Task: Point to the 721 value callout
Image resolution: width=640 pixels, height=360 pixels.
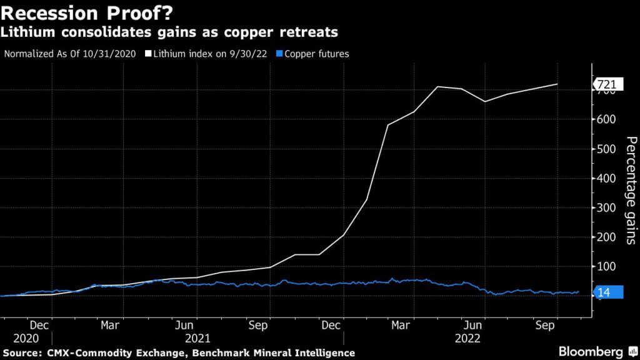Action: (x=606, y=84)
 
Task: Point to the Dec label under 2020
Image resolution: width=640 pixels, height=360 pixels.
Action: (x=39, y=326)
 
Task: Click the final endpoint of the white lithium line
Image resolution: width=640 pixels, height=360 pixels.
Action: (x=557, y=84)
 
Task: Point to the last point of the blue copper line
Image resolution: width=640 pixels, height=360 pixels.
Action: (x=579, y=291)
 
